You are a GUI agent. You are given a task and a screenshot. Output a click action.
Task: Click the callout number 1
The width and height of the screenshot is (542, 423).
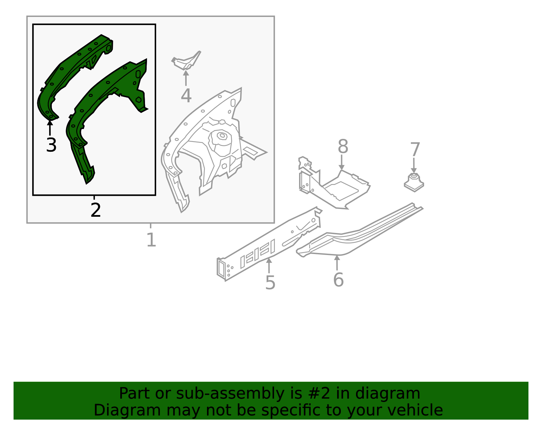pos(151,240)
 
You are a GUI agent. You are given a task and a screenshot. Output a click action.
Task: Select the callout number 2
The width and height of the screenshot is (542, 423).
pos(96,210)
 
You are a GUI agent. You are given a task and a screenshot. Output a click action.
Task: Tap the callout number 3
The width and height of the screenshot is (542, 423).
pos(51,145)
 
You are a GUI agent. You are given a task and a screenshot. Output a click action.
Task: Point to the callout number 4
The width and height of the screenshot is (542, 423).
pos(186,96)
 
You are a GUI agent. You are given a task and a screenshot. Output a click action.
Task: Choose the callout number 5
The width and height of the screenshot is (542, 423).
pos(270,283)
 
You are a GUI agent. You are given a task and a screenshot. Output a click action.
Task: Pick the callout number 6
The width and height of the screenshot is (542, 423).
pos(338,280)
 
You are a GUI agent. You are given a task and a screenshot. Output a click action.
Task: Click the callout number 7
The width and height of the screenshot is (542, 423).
pos(415,149)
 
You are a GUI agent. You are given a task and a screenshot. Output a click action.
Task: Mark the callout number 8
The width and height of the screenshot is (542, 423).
pos(343,146)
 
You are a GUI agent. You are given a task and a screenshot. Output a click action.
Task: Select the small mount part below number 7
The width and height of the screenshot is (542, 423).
pos(414,183)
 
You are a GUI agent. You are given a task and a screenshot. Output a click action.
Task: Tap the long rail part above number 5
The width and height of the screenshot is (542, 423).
pos(269,244)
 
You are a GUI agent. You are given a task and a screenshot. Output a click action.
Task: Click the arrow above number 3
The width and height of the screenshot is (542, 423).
pos(50,128)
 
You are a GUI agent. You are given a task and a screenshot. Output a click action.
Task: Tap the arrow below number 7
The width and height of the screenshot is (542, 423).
pos(414,165)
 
